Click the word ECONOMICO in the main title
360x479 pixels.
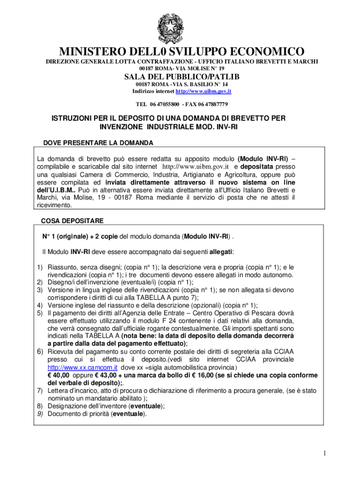coord(261,51)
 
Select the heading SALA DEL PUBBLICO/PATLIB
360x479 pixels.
coord(181,77)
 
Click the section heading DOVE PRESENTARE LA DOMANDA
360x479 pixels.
coord(98,142)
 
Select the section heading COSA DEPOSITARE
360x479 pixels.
coord(72,220)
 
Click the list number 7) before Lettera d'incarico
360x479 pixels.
coord(40,391)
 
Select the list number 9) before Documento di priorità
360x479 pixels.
coord(40,414)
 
